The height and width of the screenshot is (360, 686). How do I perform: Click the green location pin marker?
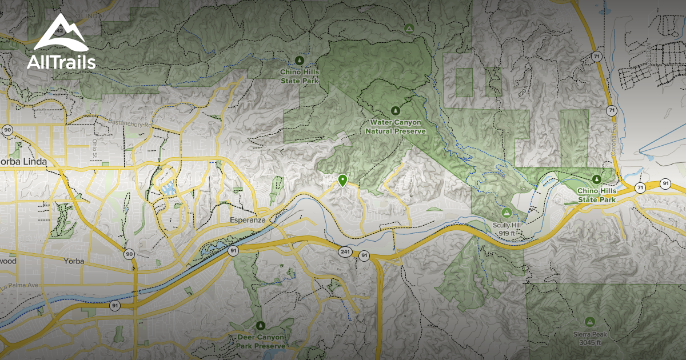342,181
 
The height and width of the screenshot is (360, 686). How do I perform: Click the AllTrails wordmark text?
61,63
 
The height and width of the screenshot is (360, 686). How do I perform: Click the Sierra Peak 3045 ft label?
589,338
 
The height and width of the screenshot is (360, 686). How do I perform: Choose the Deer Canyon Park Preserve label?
261,342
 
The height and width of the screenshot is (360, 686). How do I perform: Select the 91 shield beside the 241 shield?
364,255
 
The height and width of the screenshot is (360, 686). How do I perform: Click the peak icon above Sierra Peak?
589,321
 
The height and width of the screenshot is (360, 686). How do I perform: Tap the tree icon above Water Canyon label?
394,110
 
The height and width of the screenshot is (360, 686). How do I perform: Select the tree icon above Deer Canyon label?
261,325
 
